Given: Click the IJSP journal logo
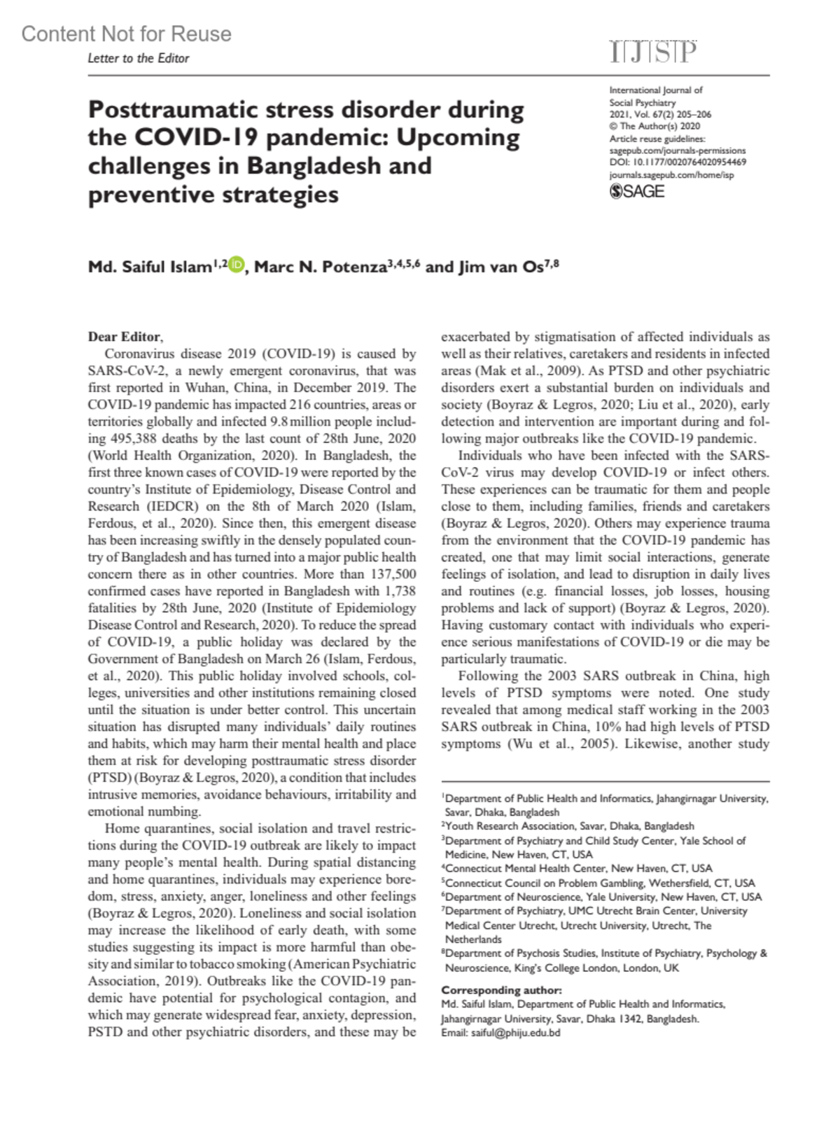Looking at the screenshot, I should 652,53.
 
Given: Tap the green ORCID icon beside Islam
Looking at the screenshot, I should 237,265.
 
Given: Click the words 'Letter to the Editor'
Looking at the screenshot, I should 139,58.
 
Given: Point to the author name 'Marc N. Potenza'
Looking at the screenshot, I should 320,267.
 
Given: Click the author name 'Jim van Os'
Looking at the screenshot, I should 499,267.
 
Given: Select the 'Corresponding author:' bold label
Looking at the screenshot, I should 501,990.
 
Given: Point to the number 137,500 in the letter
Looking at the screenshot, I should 388,574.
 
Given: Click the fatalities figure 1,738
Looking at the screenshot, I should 400,591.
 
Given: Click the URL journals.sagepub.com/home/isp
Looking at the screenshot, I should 671,174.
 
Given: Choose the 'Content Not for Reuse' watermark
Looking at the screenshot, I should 126,34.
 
